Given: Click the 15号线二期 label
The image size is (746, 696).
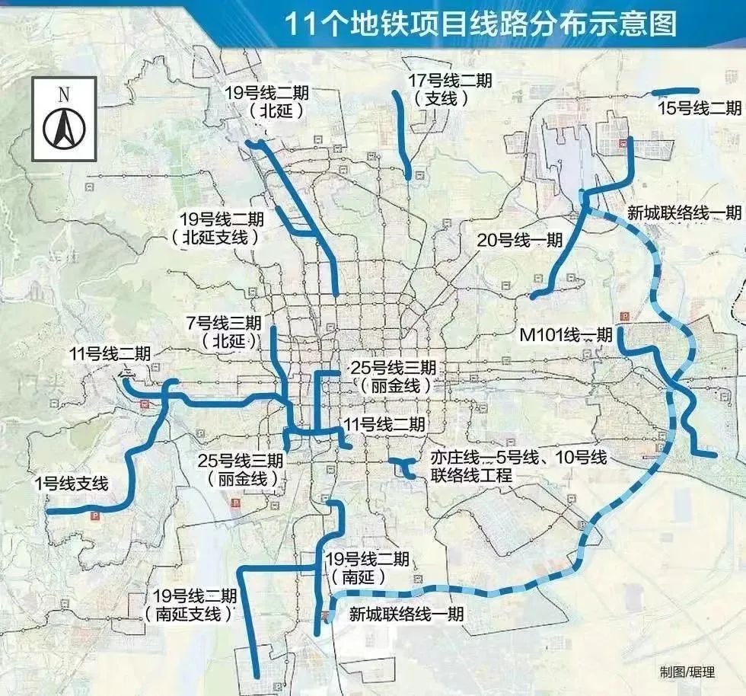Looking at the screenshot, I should click(699, 108).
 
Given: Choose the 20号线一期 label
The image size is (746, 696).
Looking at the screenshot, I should click(519, 241).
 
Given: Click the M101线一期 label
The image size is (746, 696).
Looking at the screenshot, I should click(566, 334).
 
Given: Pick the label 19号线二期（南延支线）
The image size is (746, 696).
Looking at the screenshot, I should click(193, 605).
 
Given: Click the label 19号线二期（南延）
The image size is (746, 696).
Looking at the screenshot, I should click(366, 568).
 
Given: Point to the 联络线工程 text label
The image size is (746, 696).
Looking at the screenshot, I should click(471, 475).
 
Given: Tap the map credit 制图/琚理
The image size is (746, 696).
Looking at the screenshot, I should click(687, 672).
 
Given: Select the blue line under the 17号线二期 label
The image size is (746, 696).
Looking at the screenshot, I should click(402, 133).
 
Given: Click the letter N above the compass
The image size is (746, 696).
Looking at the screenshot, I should click(64, 94).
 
